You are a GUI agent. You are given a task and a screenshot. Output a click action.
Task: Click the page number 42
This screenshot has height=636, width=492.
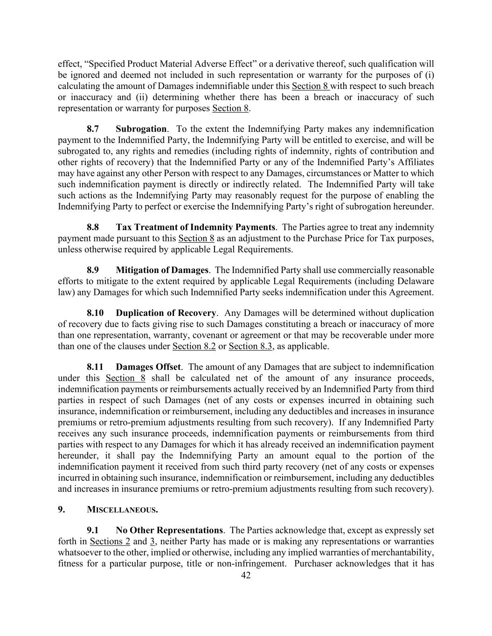click(x=246, y=575)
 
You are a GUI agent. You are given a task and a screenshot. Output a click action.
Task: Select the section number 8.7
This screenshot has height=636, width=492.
click(x=93, y=129)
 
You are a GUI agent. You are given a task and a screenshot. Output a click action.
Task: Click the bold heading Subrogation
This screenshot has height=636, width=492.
click(x=141, y=129)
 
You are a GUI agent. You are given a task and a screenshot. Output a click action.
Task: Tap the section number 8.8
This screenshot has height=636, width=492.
click(x=93, y=227)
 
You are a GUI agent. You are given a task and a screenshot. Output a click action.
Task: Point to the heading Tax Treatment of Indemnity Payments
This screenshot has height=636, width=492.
click(x=195, y=227)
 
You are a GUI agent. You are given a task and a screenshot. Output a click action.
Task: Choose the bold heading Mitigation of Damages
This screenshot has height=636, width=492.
click(x=162, y=270)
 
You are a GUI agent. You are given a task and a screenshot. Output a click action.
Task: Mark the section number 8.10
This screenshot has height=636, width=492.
click(x=95, y=313)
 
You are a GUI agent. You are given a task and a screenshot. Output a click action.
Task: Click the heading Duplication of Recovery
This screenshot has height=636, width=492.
click(x=166, y=313)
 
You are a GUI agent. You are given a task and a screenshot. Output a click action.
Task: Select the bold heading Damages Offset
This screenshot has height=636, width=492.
click(x=148, y=367)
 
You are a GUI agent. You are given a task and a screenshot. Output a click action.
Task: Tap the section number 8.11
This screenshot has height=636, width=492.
click(x=95, y=367)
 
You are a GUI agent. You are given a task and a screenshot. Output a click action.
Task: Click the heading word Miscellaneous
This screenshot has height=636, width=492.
click(x=122, y=510)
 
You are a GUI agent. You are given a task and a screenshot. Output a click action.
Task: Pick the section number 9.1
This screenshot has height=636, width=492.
click(x=93, y=530)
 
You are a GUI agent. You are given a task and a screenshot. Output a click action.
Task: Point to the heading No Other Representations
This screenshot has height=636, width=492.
click(x=169, y=530)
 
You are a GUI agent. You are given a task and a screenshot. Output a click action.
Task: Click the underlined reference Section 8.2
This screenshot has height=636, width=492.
click(x=194, y=346)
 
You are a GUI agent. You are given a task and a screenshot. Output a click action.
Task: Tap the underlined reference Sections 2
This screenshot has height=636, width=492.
click(x=110, y=541)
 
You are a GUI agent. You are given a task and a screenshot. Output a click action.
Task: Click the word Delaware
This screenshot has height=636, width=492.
click(x=416, y=281)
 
